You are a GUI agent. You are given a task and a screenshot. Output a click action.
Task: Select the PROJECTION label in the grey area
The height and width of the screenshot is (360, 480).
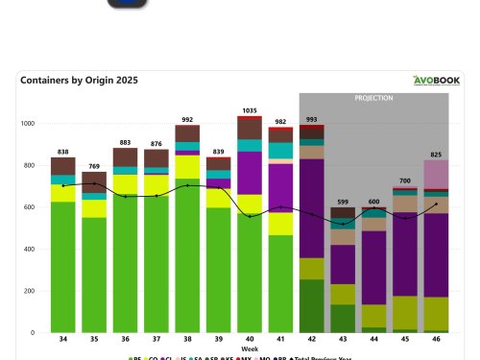(373, 98)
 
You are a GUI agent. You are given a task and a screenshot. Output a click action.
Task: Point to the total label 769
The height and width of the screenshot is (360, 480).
(94, 167)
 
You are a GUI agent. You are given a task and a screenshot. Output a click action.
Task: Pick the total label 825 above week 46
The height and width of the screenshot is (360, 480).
(437, 155)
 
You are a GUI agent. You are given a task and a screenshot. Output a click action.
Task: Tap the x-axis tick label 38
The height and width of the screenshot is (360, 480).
(187, 340)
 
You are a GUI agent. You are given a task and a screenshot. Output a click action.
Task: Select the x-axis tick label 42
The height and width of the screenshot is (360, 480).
(312, 340)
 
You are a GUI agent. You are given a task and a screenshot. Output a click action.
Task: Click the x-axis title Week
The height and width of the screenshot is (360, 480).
(249, 348)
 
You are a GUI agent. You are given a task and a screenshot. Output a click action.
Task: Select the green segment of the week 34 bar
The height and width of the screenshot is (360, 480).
(62, 269)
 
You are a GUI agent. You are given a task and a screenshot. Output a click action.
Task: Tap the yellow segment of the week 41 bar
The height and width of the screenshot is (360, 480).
(280, 224)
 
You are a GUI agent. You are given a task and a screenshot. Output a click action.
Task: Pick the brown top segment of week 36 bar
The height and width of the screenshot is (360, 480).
(125, 156)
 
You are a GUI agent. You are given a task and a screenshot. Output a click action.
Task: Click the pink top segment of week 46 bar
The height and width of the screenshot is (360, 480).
(437, 174)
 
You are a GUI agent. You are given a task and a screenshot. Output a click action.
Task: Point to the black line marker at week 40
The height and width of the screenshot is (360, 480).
(250, 216)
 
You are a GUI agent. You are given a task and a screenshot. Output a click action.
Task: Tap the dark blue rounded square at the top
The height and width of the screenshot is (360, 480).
(127, 3)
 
